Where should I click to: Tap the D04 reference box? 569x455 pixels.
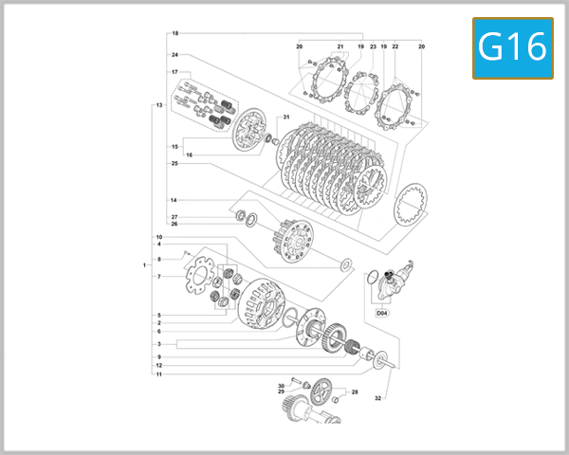pos(381,312)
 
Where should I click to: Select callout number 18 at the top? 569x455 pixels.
pos(174,34)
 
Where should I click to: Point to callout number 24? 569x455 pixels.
pos(174,55)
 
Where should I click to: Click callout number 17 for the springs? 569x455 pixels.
pos(174,72)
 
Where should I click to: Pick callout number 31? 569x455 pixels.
pos(284,118)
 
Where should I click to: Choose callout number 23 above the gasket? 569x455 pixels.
pos(373,46)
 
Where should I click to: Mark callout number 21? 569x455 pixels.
pos(340,46)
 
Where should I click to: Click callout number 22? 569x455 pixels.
pos(395,46)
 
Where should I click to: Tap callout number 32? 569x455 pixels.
pos(376,398)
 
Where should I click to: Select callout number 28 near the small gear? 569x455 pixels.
pos(355,391)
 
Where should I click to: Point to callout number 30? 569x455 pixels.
pos(281,386)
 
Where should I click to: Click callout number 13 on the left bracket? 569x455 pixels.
pos(159,104)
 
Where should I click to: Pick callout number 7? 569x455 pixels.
pos(159,277)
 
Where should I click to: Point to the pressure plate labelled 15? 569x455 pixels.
pos(248,132)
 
